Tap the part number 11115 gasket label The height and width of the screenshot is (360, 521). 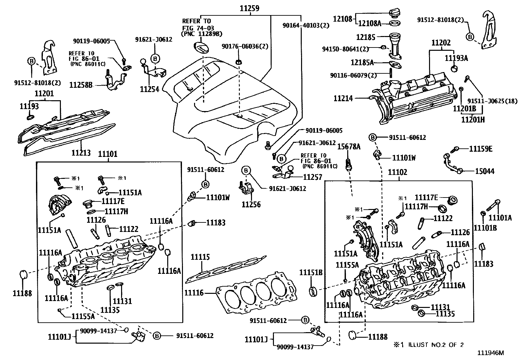(x=200, y=257)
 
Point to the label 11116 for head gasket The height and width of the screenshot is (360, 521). (x=194, y=293)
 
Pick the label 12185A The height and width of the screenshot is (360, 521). (x=362, y=62)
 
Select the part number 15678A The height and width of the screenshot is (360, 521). (x=349, y=147)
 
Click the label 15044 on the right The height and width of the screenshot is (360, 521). (x=485, y=171)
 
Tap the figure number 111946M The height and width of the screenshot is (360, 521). (x=491, y=353)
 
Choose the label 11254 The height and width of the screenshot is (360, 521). (x=150, y=89)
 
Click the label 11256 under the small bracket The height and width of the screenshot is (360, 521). (x=251, y=205)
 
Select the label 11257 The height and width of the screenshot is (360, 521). (x=313, y=177)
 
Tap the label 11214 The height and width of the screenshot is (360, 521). (x=343, y=98)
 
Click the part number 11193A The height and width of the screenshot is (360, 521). (x=456, y=58)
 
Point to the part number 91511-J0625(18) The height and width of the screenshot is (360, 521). (x=492, y=101)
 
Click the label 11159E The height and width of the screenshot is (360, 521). (x=481, y=149)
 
